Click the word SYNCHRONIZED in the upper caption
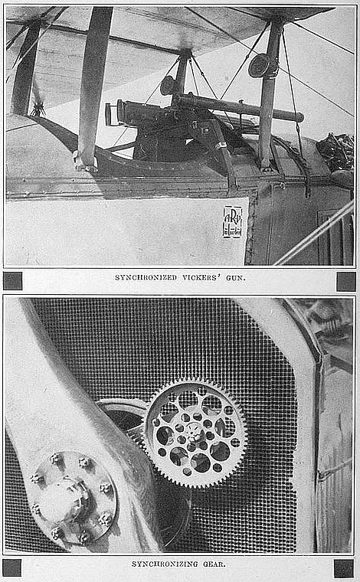coord(146,278)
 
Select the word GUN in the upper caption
coord(236,278)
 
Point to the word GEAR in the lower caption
coord(214,564)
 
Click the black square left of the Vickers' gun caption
coord(12,281)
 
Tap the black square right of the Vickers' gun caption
coord(346,281)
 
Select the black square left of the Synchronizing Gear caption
coord(11,568)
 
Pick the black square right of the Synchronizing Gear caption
coord(344,569)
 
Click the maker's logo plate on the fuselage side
coord(233,222)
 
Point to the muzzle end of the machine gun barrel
coord(300,117)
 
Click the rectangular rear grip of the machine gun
coord(108,114)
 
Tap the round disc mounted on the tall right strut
coord(259,66)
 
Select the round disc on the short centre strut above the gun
coord(168,85)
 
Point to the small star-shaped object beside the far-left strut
coord(38,109)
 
